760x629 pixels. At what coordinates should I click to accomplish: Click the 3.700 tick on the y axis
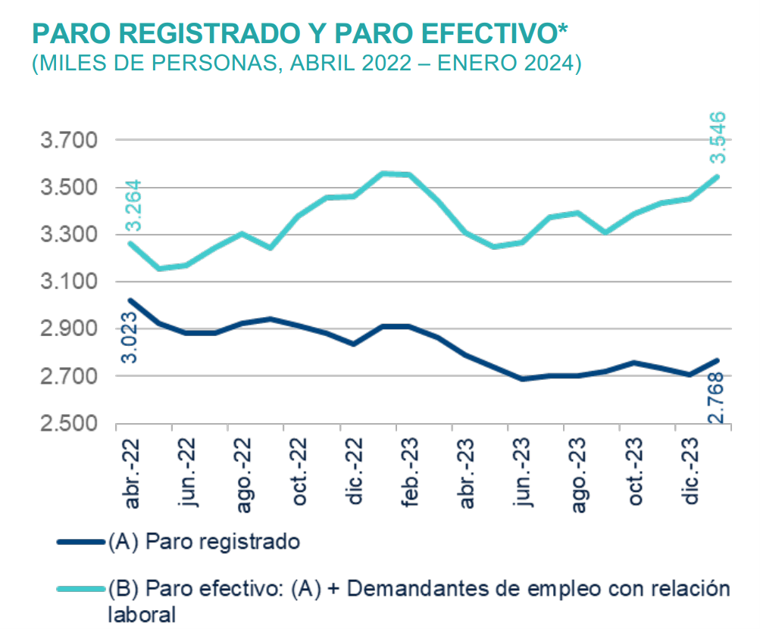[x=67, y=141]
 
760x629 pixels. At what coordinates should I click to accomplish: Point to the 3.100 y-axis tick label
[x=67, y=282]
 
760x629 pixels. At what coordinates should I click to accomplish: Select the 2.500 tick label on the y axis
[x=67, y=423]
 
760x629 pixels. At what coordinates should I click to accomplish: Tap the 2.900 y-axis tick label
[x=67, y=329]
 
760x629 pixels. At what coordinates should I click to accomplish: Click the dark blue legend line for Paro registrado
[x=80, y=542]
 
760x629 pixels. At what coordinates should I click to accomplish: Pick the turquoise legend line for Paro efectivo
[x=80, y=589]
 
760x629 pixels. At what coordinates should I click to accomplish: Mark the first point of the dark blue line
[x=130, y=300]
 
